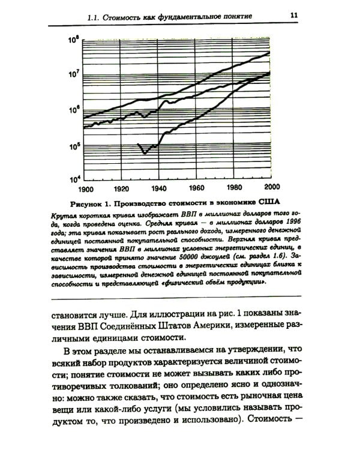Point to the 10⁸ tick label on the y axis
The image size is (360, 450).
coord(74,41)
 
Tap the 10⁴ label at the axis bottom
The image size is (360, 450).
coord(74,179)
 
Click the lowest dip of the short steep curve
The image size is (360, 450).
coord(145,153)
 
